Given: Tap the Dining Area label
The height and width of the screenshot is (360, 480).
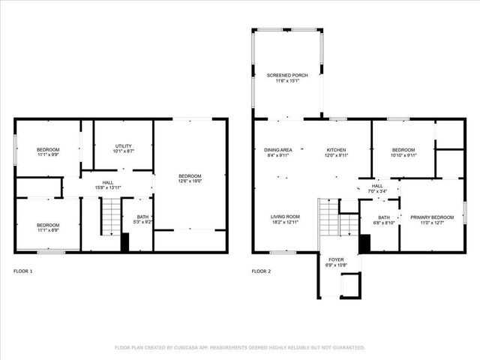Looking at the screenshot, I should (278, 149).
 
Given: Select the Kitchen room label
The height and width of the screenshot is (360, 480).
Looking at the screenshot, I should (337, 149).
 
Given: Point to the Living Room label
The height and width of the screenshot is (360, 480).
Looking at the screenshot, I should (285, 217).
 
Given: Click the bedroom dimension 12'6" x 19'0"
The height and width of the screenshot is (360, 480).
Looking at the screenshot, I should (190, 181).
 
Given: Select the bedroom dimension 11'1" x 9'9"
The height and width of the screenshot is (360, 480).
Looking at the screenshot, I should (48, 156).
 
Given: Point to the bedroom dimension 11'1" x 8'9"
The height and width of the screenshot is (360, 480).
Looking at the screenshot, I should (48, 230).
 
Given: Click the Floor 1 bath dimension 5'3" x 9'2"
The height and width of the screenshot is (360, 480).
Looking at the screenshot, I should (142, 222).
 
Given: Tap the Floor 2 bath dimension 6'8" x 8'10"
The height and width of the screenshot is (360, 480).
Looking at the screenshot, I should (384, 223).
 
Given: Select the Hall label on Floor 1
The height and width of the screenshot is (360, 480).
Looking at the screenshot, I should (108, 181).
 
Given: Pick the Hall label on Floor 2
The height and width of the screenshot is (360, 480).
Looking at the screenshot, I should (377, 185).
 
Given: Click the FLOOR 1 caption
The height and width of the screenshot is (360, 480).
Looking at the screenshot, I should (23, 271).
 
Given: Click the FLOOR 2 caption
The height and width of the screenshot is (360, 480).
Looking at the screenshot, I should (261, 271).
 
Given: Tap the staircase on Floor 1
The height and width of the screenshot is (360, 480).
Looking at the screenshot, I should (111, 217).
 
